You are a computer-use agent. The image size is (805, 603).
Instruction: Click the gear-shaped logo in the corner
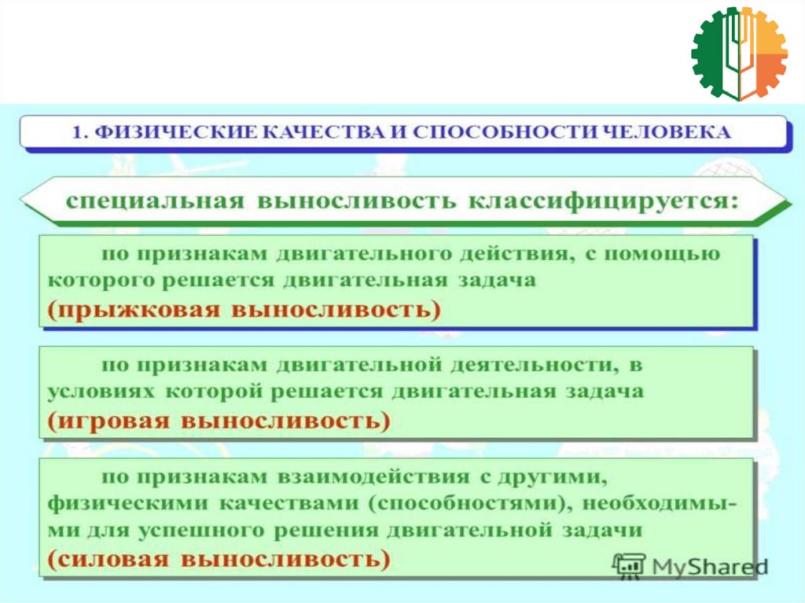(x=739, y=53)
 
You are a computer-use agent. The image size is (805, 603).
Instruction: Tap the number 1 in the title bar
(x=77, y=133)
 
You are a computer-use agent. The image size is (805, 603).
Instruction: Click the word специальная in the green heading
(x=156, y=200)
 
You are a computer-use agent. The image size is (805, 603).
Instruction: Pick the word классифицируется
(x=604, y=200)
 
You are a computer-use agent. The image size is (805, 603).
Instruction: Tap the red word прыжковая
(x=134, y=310)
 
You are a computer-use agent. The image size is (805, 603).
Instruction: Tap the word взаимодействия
(x=373, y=477)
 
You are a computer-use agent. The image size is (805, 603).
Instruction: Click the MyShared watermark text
(x=710, y=567)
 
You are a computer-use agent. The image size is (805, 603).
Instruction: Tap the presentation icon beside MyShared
(x=630, y=566)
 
